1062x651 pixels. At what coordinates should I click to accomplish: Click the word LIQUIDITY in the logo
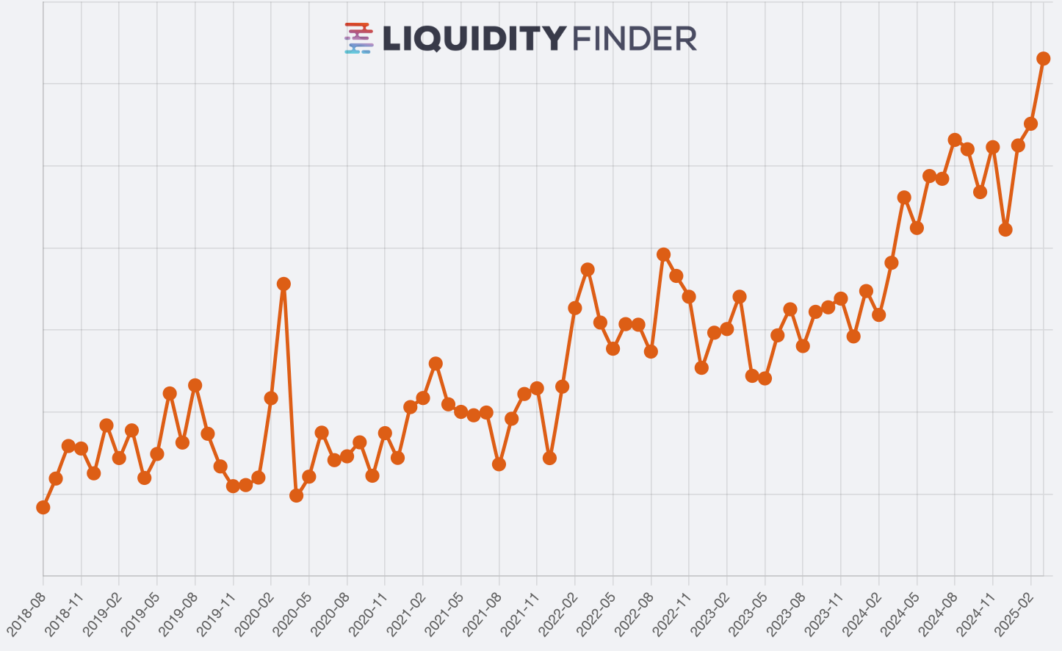[x=474, y=39]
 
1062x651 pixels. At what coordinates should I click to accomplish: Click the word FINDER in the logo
[x=634, y=39]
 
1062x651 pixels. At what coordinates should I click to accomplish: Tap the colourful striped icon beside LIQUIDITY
[x=359, y=38]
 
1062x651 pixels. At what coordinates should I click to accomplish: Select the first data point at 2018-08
[x=43, y=507]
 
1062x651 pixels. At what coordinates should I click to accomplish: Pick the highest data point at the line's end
[x=1043, y=59]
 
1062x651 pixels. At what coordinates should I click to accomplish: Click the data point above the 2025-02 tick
[x=1030, y=123]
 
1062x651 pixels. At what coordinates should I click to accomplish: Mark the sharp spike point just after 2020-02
[x=283, y=284]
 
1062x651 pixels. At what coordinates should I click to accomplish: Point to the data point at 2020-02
[x=271, y=398]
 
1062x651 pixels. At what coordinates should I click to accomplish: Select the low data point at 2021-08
[x=499, y=464]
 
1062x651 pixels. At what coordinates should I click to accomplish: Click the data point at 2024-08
[x=955, y=140]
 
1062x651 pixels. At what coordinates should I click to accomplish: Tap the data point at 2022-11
[x=689, y=297]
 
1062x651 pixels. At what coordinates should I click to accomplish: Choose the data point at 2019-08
[x=195, y=385]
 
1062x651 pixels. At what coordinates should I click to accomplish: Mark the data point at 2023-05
[x=765, y=378]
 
